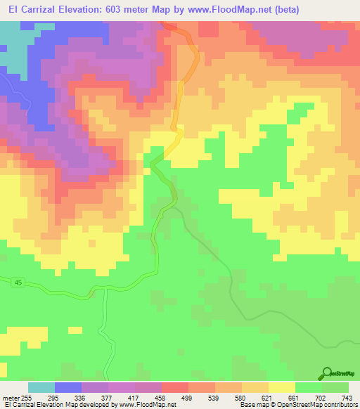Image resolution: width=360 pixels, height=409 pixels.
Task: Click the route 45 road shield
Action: (17, 283)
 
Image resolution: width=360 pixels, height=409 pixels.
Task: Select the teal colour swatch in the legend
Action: (41, 387)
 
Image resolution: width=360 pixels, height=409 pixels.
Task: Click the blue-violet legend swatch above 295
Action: (68, 387)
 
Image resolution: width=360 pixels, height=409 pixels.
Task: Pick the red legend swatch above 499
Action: (174, 387)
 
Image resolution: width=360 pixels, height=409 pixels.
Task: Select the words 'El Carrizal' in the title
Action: (28, 10)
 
